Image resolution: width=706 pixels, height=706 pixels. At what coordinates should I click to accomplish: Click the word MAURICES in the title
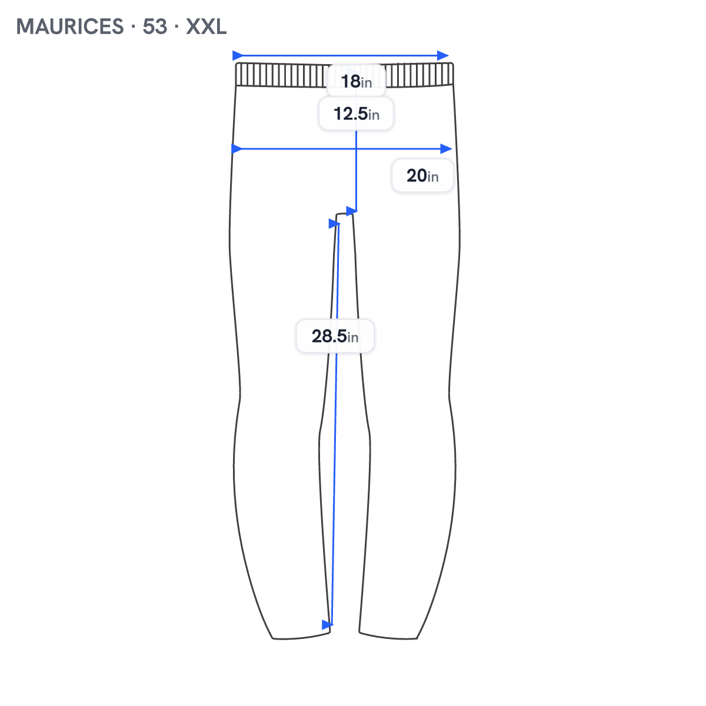tap(69, 26)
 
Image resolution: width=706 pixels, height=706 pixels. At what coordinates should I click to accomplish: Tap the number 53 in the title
tap(155, 26)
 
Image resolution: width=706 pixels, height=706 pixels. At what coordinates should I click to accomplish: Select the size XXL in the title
tap(206, 26)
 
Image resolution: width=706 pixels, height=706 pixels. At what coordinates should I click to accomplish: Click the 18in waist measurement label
tap(356, 81)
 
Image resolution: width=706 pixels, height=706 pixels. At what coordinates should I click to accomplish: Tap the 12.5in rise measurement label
tap(356, 114)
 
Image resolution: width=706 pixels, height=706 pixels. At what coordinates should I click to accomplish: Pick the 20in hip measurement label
tap(422, 175)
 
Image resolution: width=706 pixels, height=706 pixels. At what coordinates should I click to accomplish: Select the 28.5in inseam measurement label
tap(335, 335)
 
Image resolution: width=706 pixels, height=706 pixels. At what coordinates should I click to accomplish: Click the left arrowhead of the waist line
tap(238, 56)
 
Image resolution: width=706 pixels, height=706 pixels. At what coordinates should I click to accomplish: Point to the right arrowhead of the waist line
tap(443, 56)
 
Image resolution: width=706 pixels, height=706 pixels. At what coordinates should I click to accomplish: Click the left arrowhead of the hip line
tap(237, 149)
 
